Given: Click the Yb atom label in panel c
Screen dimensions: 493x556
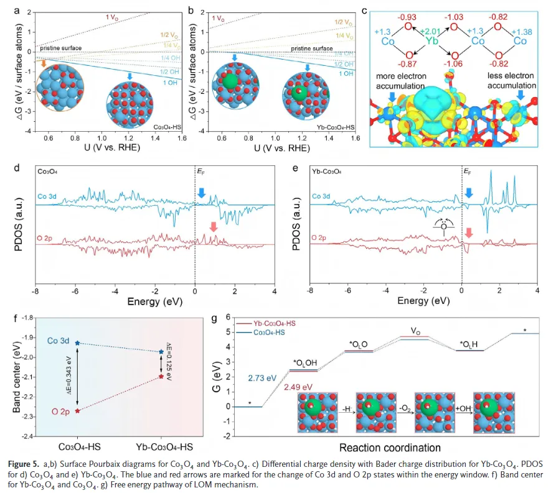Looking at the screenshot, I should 433,41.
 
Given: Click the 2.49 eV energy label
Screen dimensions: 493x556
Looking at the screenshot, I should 298,387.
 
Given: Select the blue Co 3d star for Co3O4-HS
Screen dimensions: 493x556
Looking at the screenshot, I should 77,343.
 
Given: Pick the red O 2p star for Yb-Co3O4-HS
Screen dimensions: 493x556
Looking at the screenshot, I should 161,376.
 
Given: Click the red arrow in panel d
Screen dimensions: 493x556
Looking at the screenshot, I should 214,228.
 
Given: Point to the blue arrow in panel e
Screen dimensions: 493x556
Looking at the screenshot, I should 469,194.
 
